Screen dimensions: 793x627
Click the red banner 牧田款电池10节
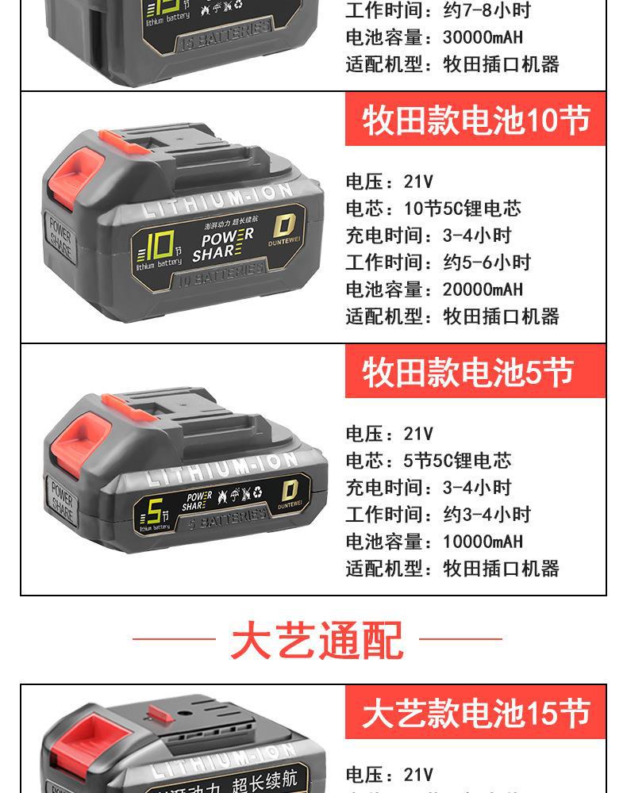pos(475,121)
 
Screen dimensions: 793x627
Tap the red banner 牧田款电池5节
pos(475,373)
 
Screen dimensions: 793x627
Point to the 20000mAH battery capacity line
pos(434,289)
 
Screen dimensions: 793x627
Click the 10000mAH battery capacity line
pos(434,542)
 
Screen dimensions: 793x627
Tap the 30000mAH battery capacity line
pos(434,37)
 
